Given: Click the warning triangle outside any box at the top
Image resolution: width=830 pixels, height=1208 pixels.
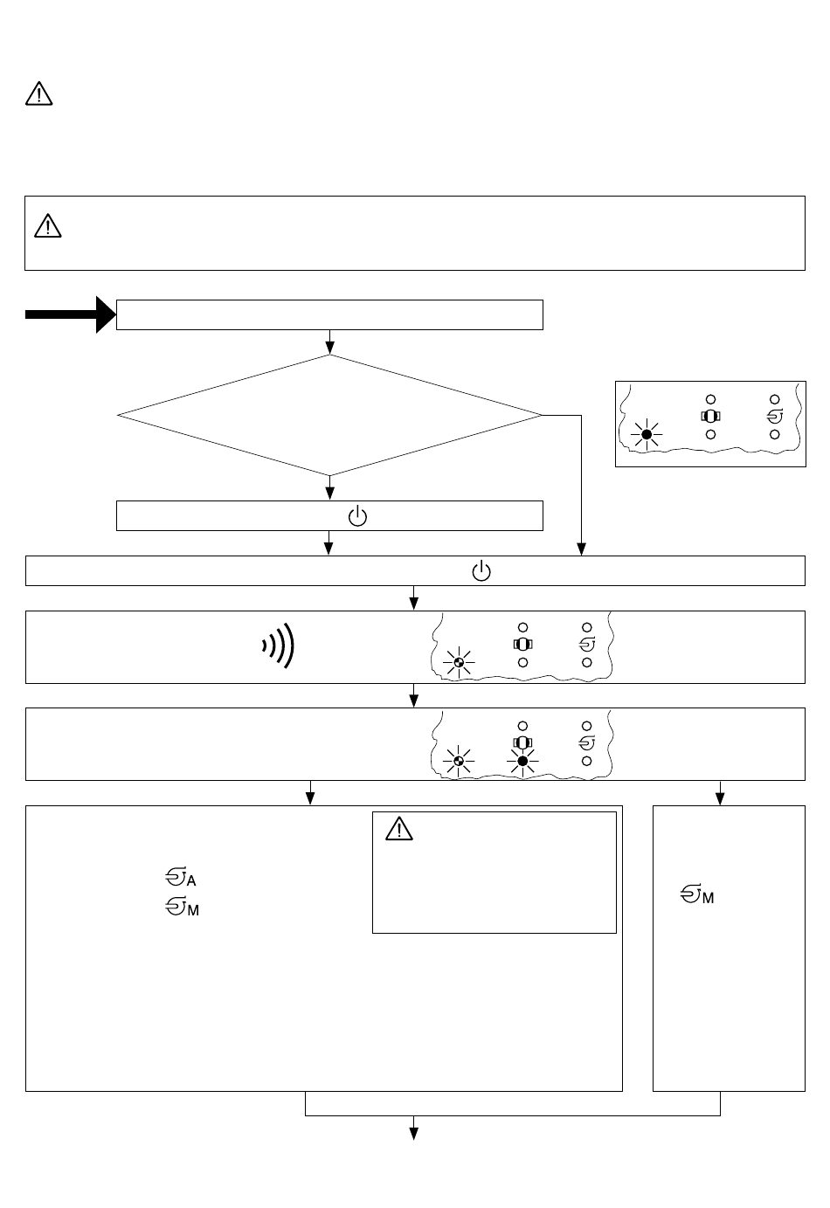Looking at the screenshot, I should click(x=39, y=93).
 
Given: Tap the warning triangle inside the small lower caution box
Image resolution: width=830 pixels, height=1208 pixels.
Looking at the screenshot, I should click(x=398, y=828).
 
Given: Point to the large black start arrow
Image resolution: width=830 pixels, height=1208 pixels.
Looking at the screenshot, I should click(x=70, y=314).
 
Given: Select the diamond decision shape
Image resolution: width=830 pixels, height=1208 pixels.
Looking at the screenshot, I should click(x=330, y=416).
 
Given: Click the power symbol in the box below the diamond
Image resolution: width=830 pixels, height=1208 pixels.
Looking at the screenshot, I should click(x=358, y=516).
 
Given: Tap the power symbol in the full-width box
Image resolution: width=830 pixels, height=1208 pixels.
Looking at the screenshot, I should click(x=481, y=572).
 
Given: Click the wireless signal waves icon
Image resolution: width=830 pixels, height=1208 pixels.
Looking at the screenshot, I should click(x=279, y=646).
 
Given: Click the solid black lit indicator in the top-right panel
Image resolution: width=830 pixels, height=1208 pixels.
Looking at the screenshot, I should click(x=647, y=434).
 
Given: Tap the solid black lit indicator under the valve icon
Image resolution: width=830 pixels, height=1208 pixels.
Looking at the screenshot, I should click(x=522, y=762).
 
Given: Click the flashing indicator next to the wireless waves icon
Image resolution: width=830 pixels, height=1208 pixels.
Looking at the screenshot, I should click(x=454, y=664).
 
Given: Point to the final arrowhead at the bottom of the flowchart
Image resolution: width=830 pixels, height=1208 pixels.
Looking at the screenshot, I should click(x=414, y=1134).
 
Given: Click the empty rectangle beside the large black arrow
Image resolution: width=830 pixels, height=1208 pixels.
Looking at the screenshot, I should click(x=330, y=314).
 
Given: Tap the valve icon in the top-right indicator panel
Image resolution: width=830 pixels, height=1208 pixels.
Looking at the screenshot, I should click(x=711, y=416).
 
